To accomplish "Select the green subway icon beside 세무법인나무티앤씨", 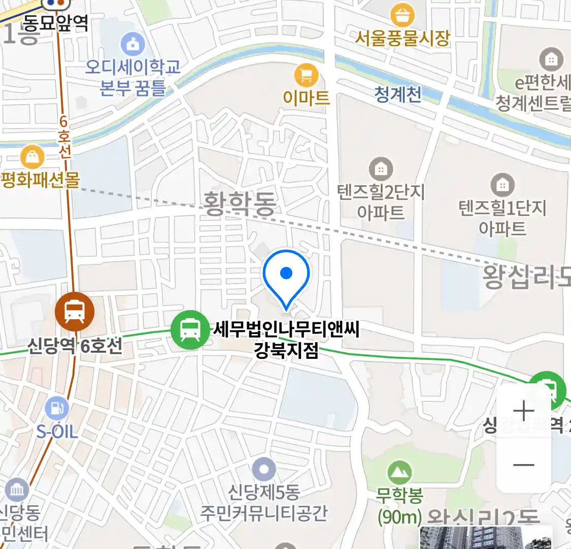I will point(190,329).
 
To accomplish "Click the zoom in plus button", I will point(523,411).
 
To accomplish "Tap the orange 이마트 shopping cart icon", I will point(306,76).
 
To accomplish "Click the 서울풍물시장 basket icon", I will point(402,15).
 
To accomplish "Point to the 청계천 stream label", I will point(398,95).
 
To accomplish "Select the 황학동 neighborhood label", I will point(240,203).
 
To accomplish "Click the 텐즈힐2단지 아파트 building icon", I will point(381,168).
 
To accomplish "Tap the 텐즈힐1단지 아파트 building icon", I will point(502,185).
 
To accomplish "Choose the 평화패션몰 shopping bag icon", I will point(32,157).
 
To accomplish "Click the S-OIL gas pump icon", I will point(57,408).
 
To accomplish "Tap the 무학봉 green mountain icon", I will point(399,473).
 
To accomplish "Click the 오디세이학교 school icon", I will point(132,44).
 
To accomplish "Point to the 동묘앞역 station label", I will point(56,23).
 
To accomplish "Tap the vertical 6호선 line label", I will point(64,137).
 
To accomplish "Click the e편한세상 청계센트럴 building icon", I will point(551,59).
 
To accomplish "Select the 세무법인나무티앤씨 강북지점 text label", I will point(286,340).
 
